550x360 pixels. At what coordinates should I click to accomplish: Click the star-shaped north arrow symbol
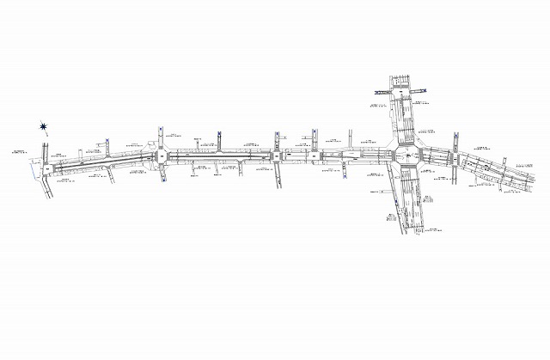[x=45, y=128]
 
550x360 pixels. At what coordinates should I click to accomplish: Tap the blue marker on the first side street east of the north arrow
[x=105, y=142]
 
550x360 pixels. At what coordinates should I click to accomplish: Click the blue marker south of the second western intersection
[x=162, y=181]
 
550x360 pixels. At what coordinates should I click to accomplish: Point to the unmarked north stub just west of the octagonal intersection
[x=351, y=137]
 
